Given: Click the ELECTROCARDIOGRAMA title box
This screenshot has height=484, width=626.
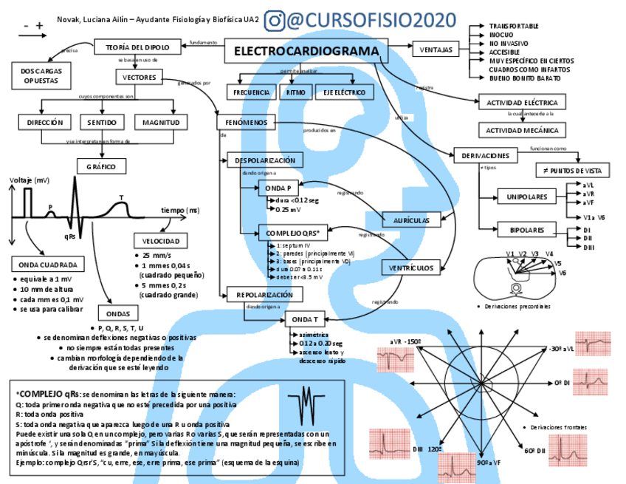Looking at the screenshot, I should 306,52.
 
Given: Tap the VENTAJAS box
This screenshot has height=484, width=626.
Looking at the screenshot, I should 436,50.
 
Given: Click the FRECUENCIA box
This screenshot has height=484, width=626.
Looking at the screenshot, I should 251,92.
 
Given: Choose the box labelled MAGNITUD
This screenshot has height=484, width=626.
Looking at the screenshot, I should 161,122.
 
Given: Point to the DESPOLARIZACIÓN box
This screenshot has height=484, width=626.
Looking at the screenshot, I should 264,160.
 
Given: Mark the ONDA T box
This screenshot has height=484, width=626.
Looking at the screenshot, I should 304,319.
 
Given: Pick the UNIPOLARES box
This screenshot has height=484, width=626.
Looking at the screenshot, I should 527,197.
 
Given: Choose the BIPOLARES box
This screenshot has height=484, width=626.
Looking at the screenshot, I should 527,230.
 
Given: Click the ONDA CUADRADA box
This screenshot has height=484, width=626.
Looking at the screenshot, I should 49,265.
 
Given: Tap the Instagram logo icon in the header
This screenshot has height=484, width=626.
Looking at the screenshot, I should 275,20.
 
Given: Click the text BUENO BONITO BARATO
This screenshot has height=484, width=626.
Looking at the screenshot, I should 525,78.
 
